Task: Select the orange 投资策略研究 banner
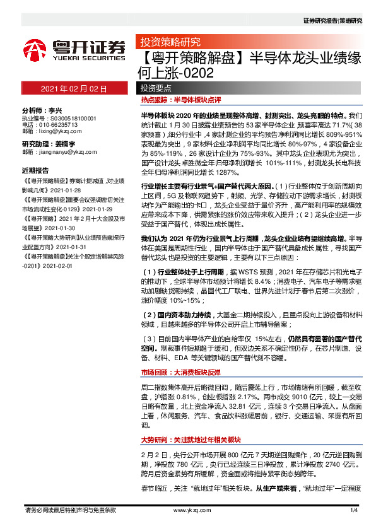pos(166,44)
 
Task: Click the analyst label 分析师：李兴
pos(45,109)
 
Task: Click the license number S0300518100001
pos(74,118)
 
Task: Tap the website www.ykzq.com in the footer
pos(187,509)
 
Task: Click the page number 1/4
pos(353,509)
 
